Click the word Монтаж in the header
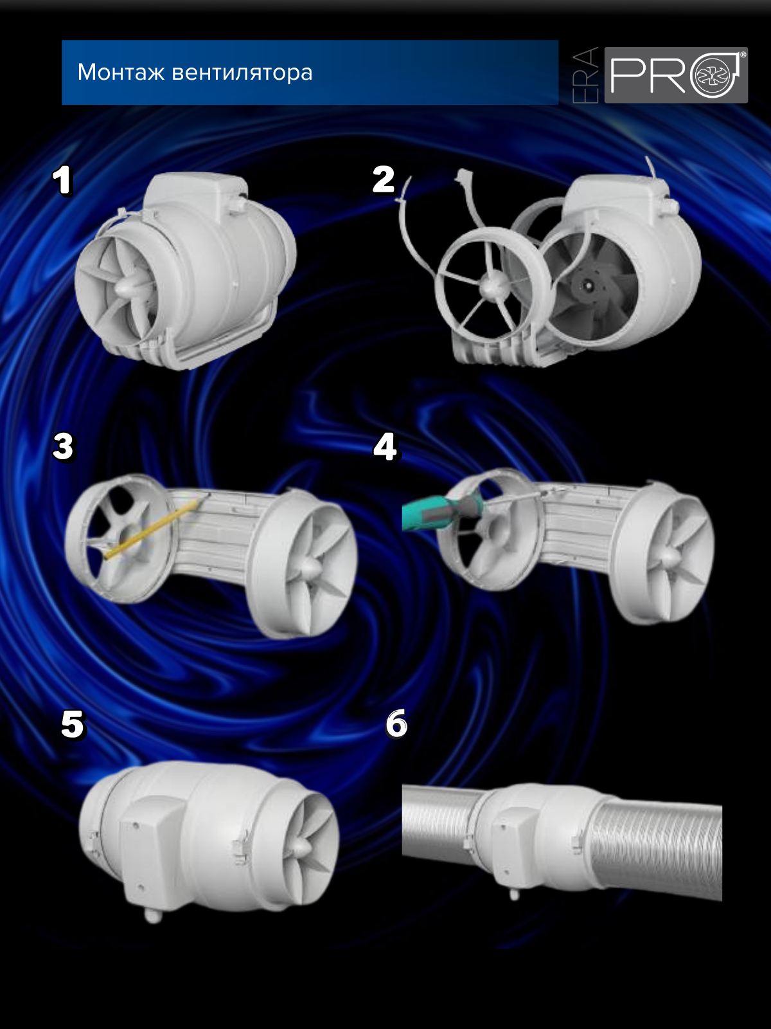tap(121, 72)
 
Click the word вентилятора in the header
tap(242, 73)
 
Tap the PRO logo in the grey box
tap(676, 75)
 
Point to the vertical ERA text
tap(585, 75)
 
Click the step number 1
tap(63, 181)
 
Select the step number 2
tap(384, 179)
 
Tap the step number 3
tap(63, 447)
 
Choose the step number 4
tap(385, 447)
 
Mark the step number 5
tap(73, 724)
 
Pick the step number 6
tap(396, 724)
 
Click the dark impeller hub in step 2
tap(586, 285)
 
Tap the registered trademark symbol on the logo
tap(743, 55)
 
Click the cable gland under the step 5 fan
tap(153, 915)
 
